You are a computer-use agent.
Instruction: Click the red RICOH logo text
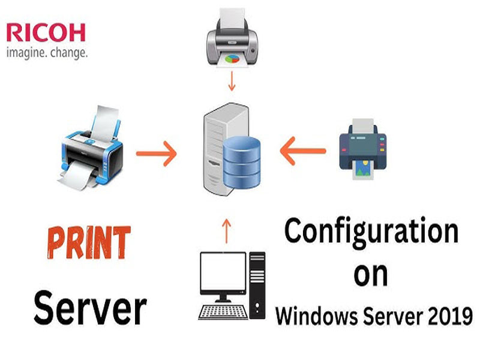pyautogui.click(x=46, y=32)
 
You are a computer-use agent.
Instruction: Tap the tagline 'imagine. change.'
pyautogui.click(x=47, y=52)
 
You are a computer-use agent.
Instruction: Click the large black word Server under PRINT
pyautogui.click(x=91, y=308)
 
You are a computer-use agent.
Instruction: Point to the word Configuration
pyautogui.click(x=371, y=232)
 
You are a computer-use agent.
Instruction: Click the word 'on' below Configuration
pyautogui.click(x=370, y=274)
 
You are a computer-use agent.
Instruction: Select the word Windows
pyautogui.click(x=317, y=316)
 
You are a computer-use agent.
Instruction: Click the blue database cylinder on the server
pyautogui.click(x=242, y=162)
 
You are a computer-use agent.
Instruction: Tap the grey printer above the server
pyautogui.click(x=232, y=37)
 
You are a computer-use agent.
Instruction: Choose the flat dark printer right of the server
pyautogui.click(x=363, y=149)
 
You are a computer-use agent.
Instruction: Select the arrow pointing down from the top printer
pyautogui.click(x=232, y=81)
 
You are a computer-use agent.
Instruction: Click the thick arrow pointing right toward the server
pyautogui.click(x=157, y=154)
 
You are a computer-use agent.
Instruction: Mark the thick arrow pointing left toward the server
pyautogui.click(x=303, y=151)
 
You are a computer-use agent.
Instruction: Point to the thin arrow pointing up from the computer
pyautogui.click(x=226, y=231)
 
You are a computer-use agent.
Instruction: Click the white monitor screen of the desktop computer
pyautogui.click(x=223, y=271)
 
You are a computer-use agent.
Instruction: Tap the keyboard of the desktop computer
pyautogui.click(x=223, y=312)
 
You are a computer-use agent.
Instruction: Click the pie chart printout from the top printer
pyautogui.click(x=232, y=59)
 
